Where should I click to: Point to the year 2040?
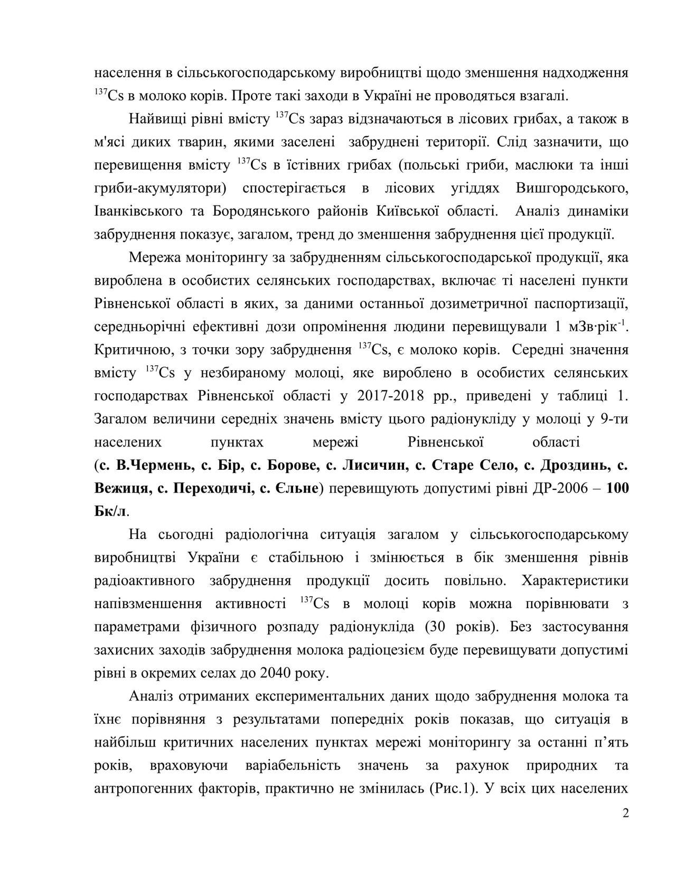pyautogui.click(x=274, y=673)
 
